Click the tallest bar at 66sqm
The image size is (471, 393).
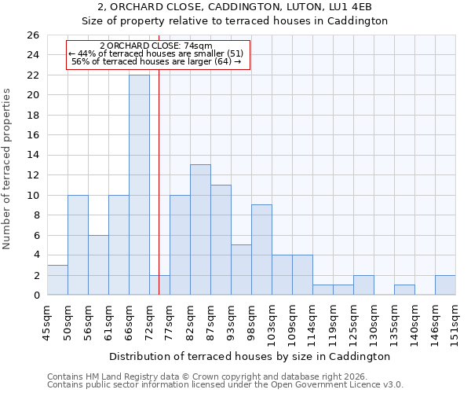point(139,185)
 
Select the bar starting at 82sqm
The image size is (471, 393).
point(200,230)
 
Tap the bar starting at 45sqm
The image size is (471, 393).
point(57,280)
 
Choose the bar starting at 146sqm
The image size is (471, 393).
point(445,285)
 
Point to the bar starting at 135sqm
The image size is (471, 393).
point(404,290)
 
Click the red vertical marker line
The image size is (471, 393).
point(159,157)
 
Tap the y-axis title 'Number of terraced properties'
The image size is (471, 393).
point(8,169)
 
